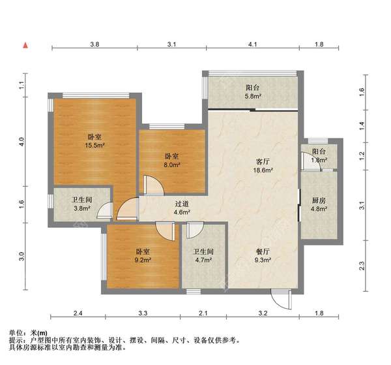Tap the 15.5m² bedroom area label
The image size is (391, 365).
coord(94,141)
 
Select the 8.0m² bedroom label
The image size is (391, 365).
coord(172,161)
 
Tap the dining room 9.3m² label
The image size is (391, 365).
coord(262,255)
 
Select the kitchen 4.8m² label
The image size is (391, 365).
coord(317,205)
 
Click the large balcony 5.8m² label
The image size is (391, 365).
coord(253,91)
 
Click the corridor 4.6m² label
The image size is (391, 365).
coord(182,208)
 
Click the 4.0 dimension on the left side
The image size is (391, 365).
coord(22,141)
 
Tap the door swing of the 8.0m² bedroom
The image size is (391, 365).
coord(153,186)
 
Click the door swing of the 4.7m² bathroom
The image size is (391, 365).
coord(194,230)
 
